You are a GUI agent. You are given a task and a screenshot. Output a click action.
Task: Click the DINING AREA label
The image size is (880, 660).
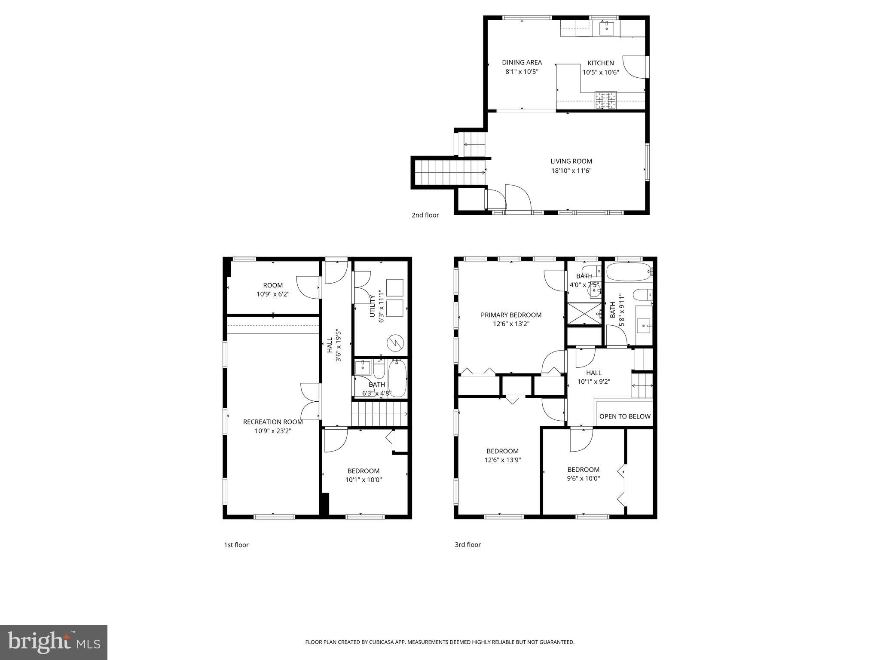[522, 63]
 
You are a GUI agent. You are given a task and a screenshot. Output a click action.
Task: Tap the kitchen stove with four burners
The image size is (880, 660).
[605, 100]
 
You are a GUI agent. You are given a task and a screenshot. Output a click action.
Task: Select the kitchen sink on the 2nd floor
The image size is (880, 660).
[607, 28]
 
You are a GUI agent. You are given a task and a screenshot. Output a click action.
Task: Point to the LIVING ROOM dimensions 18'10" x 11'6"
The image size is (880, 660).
[571, 171]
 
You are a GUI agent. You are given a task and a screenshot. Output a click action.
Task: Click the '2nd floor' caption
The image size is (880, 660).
[425, 215]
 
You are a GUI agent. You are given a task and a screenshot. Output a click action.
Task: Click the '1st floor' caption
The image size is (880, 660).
[236, 545]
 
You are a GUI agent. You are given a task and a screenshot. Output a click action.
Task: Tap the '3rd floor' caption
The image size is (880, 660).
[467, 544]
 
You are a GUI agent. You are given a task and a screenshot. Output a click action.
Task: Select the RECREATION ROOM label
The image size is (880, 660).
[273, 422]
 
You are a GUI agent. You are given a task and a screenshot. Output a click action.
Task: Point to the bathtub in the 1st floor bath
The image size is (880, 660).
[397, 379]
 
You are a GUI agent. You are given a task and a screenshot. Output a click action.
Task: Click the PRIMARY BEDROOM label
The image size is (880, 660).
[511, 315]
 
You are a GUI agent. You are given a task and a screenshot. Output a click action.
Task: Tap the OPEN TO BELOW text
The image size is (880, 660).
[625, 416]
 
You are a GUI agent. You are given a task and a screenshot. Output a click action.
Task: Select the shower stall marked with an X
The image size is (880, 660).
[584, 314]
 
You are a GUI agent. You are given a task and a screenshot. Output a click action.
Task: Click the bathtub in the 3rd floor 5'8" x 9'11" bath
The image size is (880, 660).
[629, 272]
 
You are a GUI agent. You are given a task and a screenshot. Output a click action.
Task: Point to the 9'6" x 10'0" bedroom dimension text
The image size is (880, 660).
[583, 478]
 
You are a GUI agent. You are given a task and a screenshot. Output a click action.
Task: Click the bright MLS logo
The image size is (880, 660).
[54, 642]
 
